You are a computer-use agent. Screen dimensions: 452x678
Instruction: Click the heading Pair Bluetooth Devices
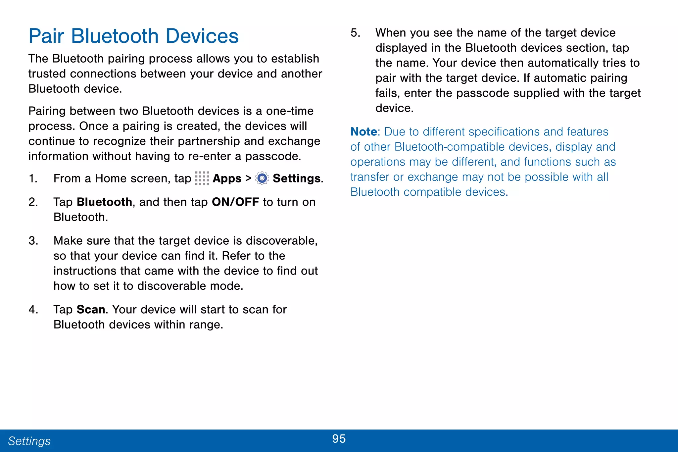point(133,36)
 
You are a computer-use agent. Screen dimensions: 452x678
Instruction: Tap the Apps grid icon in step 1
point(202,178)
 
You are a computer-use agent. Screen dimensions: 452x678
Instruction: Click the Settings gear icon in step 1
point(262,178)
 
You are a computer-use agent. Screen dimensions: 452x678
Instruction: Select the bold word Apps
point(227,178)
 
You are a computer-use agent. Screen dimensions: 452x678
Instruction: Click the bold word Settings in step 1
point(297,178)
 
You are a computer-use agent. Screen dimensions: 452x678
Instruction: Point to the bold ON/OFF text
point(235,202)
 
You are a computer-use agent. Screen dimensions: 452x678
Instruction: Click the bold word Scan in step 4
point(91,309)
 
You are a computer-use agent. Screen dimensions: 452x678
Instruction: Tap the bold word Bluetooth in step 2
point(104,202)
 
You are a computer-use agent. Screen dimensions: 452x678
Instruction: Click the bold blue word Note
point(363,132)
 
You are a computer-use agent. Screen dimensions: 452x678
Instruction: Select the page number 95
point(339,439)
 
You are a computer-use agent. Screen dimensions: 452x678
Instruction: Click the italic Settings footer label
point(29,441)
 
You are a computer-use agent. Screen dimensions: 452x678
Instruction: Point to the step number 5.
point(355,33)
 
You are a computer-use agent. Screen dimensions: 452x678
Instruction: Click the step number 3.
point(33,241)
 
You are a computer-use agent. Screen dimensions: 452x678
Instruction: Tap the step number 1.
point(33,178)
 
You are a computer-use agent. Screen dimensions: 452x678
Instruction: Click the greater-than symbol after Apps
point(248,178)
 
